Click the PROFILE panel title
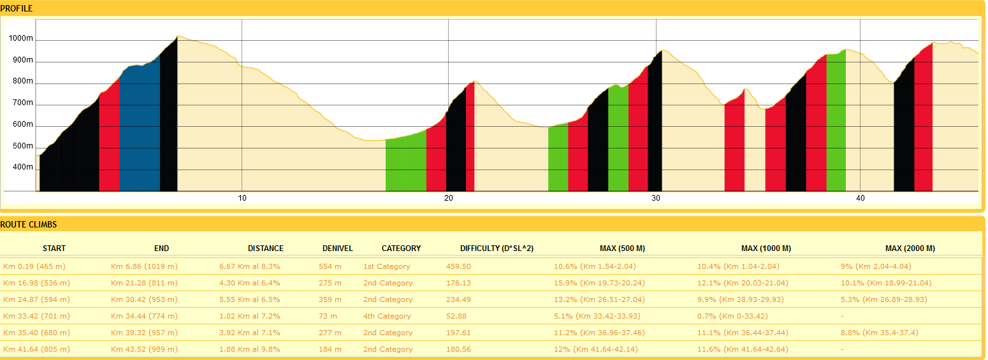(17, 8)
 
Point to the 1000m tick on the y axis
(20, 39)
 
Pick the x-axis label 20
(449, 198)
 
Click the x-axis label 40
(860, 198)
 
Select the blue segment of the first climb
(140, 127)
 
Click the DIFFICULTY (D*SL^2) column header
(497, 248)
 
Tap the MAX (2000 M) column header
(910, 248)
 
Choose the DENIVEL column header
(337, 248)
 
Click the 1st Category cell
(386, 266)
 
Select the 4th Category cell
(387, 316)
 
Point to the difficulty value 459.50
(458, 266)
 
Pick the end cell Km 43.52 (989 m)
(144, 349)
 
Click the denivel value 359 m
(330, 299)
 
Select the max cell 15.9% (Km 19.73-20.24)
(599, 283)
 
